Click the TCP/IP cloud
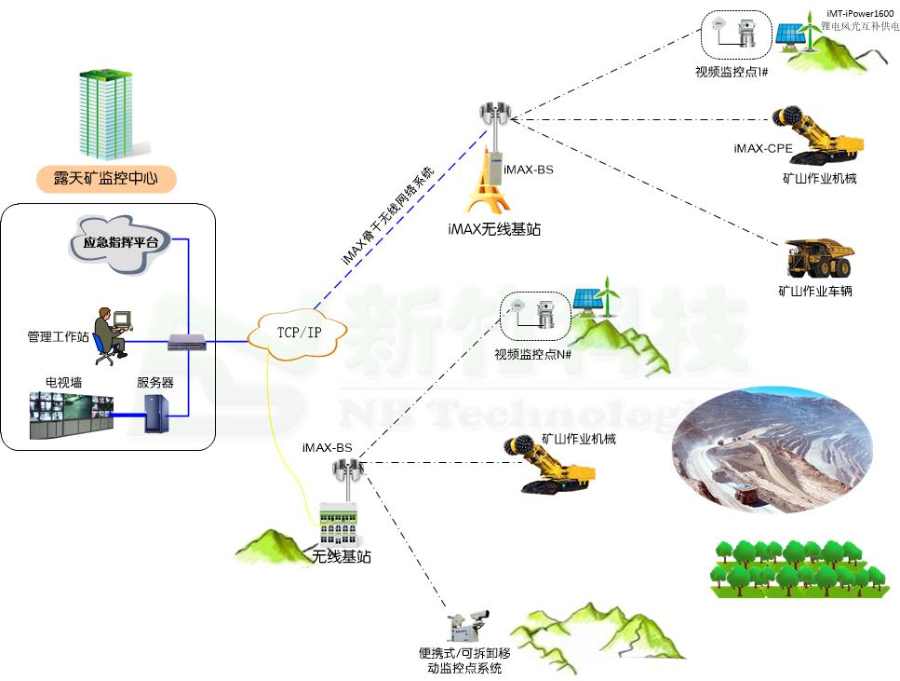pos(299,333)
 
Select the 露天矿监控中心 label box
pos(106,179)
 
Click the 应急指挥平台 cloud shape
pos(114,245)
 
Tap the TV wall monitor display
pos(71,415)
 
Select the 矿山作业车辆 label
pos(815,291)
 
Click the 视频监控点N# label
pos(532,354)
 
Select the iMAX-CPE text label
pos(761,149)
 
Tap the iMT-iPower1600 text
pos(861,13)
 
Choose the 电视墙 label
pos(63,382)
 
